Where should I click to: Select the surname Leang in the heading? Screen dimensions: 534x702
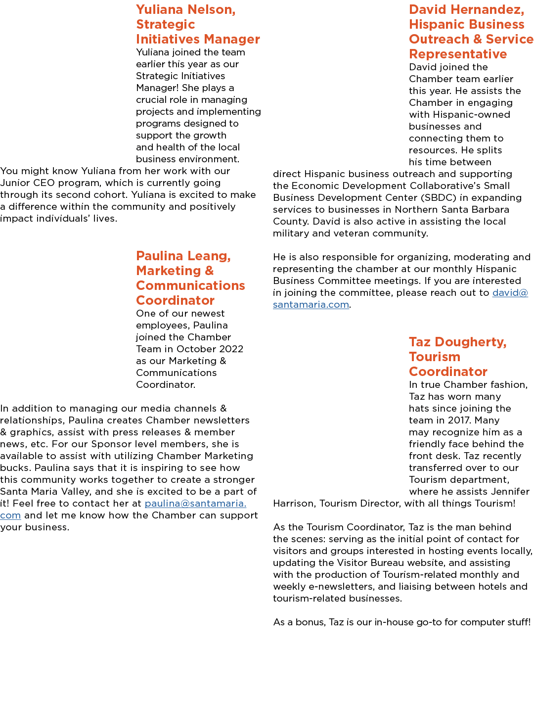[x=209, y=256]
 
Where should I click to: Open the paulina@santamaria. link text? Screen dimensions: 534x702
[x=196, y=504]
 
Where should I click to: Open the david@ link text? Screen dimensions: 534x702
[x=510, y=293]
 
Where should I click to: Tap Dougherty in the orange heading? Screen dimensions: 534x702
[x=470, y=342]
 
